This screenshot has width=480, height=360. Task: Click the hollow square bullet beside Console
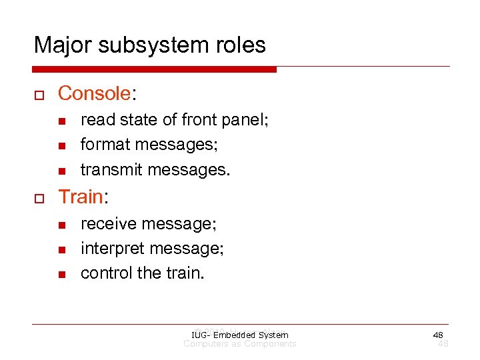point(38,94)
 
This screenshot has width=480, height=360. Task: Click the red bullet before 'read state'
point(61,121)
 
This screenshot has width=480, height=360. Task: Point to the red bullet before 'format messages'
point(61,145)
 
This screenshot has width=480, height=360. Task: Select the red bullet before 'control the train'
point(61,274)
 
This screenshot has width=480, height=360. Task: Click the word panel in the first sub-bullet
point(245,120)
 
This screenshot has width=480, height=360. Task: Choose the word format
point(101,145)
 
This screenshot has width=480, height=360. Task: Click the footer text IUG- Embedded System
point(239,335)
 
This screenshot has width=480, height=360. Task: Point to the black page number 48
point(438,335)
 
